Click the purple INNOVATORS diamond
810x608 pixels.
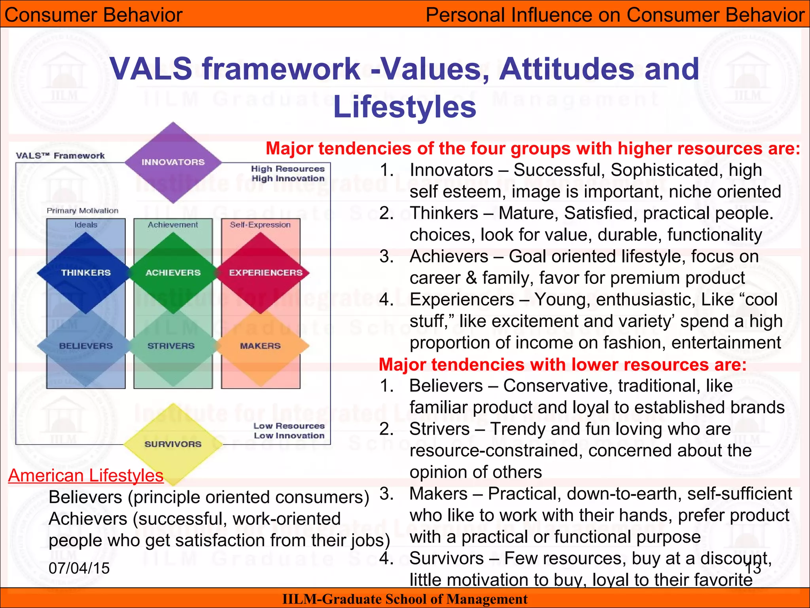[x=173, y=162]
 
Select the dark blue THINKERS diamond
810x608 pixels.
[x=86, y=273]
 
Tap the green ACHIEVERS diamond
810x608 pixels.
[x=173, y=273]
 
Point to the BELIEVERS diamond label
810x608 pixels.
[x=86, y=346]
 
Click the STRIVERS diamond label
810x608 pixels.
[x=171, y=346]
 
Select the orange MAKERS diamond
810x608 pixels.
[x=260, y=346]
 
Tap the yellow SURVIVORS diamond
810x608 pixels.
[x=173, y=444]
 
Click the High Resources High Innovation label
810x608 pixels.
[x=288, y=174]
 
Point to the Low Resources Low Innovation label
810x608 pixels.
[x=289, y=431]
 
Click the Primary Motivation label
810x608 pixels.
[x=82, y=211]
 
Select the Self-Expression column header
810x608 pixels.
[x=260, y=225]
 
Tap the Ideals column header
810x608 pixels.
[x=86, y=225]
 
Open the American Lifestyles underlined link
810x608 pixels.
[x=86, y=475]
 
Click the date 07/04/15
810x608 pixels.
[x=79, y=568]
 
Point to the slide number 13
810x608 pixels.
[x=753, y=568]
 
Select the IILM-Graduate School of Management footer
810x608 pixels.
[x=405, y=599]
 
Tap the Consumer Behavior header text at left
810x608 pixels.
[x=93, y=15]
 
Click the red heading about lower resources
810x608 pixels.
[x=562, y=364]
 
